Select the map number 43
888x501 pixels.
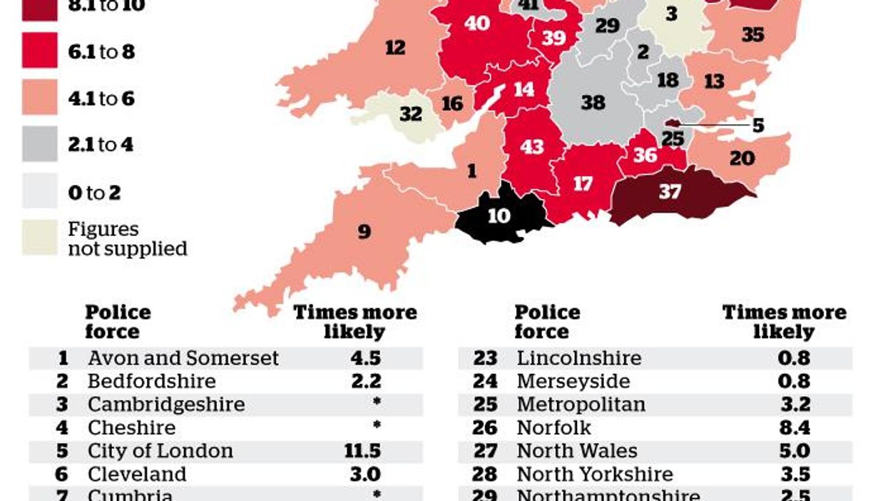tap(532, 147)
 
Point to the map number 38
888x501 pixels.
tap(592, 103)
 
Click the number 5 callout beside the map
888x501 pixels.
tap(757, 126)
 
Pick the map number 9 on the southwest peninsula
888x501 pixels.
tap(364, 231)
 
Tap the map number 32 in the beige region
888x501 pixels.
tap(411, 113)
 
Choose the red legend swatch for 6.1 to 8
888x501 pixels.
tap(39, 51)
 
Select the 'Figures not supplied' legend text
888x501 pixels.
tap(127, 239)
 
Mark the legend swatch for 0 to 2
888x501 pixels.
tap(39, 192)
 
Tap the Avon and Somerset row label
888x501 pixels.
tap(183, 358)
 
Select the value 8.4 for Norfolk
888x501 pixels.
tap(794, 427)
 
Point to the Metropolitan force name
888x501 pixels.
tap(581, 404)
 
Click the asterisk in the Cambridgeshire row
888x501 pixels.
tap(377, 403)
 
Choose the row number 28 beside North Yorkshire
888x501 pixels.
tap(485, 475)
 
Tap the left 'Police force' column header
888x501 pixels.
tap(118, 322)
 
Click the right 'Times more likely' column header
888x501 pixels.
tap(784, 322)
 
